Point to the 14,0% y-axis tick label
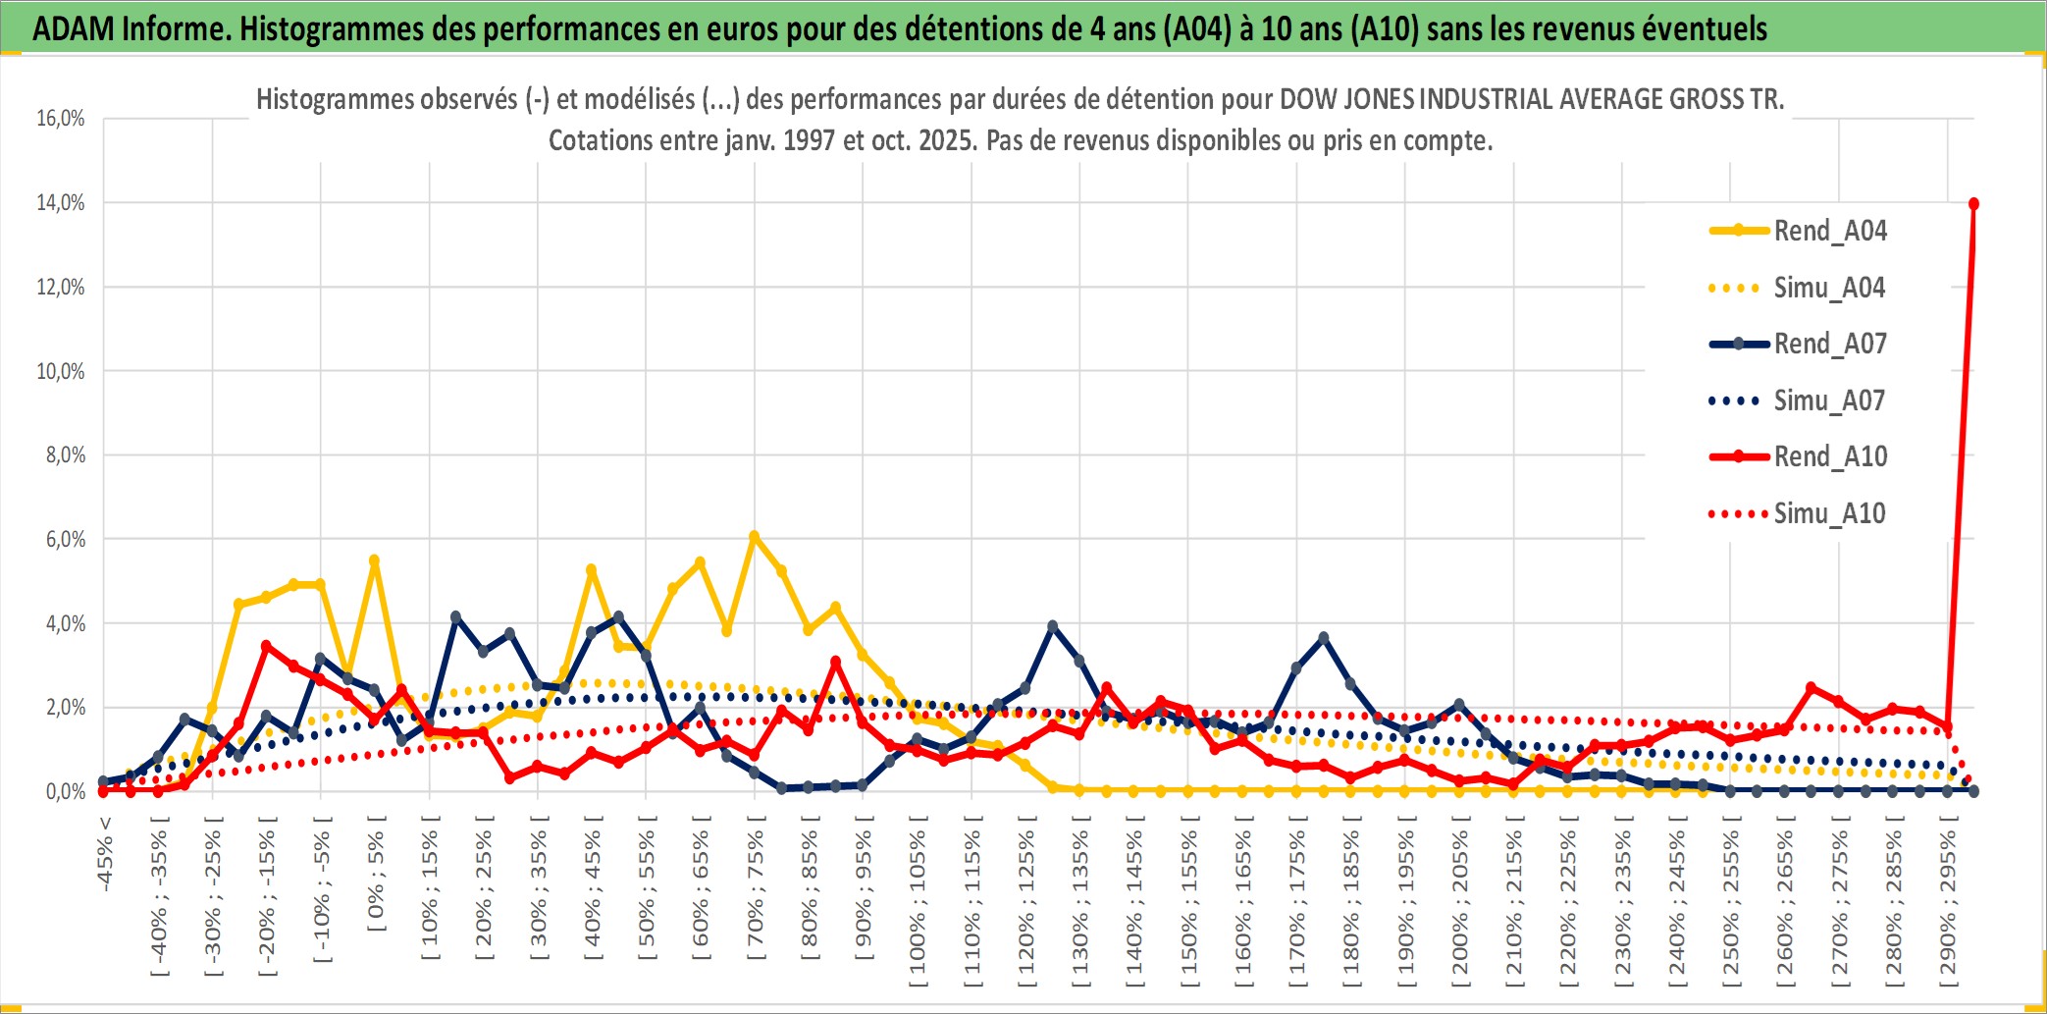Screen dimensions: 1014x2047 [x=61, y=203]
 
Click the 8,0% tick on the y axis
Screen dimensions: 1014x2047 [x=65, y=455]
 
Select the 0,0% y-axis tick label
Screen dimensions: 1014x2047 [x=65, y=792]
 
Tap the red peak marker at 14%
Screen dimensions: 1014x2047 [x=1973, y=204]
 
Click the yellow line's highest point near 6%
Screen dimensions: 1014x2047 [x=754, y=537]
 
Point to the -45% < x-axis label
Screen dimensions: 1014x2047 [x=105, y=854]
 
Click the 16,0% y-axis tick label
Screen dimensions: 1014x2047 [x=61, y=119]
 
